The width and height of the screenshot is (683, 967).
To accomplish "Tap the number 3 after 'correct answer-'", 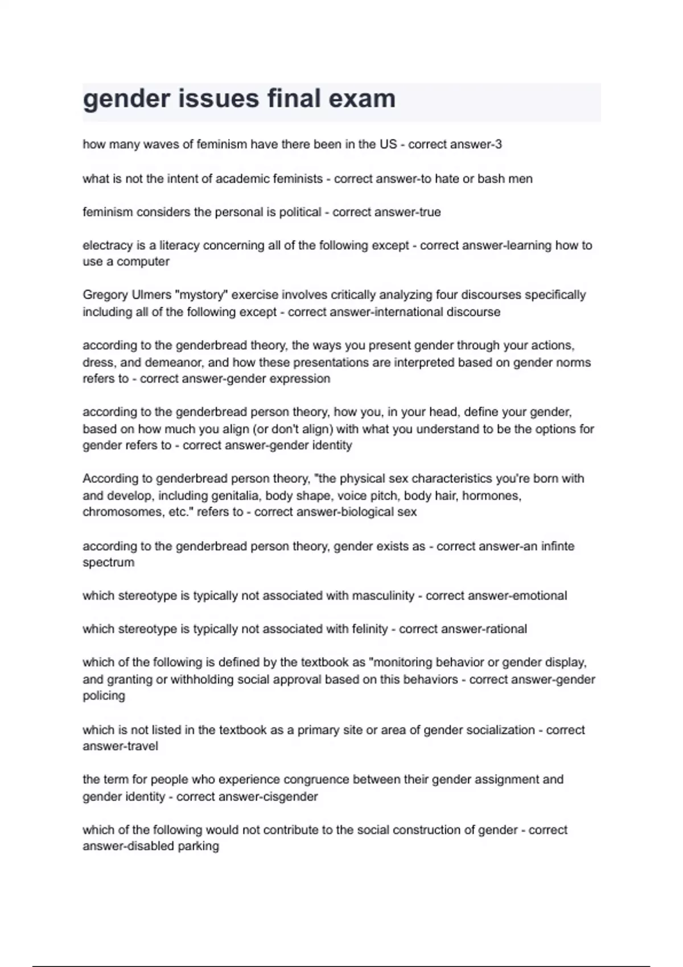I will pyautogui.click(x=499, y=144).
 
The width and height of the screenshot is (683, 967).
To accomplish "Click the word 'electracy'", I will pyautogui.click(x=107, y=246).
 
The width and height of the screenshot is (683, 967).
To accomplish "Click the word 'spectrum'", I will pyautogui.click(x=108, y=563).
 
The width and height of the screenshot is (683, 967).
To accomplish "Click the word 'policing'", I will pyautogui.click(x=104, y=696).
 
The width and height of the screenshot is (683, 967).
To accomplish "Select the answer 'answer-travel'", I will pyautogui.click(x=120, y=746).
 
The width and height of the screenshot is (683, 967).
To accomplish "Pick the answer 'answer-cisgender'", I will pyautogui.click(x=247, y=796).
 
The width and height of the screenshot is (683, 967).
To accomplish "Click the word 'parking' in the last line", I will pyautogui.click(x=198, y=846).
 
